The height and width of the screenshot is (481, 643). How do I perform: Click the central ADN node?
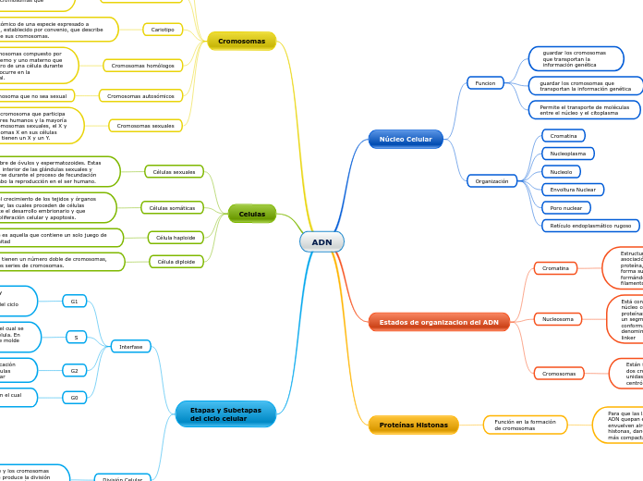(x=321, y=242)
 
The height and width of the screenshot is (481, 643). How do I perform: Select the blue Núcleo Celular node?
(x=406, y=140)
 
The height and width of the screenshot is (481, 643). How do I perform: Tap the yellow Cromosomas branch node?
(x=241, y=41)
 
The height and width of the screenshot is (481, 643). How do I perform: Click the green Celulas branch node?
(x=251, y=214)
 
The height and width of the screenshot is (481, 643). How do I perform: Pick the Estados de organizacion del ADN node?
(x=439, y=322)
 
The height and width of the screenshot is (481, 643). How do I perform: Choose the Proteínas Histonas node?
(x=413, y=425)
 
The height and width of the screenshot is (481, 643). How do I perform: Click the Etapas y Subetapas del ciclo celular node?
(x=225, y=413)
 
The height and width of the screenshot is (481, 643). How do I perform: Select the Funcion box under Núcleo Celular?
(x=485, y=83)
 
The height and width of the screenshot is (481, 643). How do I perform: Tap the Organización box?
(x=491, y=181)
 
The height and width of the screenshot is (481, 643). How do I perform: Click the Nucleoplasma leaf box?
(x=567, y=154)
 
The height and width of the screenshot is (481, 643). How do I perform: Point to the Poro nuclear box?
(x=566, y=208)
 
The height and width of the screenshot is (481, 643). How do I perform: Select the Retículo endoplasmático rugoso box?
(x=590, y=226)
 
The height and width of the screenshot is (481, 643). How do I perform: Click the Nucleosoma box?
(x=557, y=319)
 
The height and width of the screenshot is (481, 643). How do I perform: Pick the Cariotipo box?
(x=163, y=30)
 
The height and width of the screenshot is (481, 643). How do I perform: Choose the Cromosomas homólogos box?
(x=142, y=66)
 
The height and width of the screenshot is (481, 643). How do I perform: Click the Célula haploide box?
(x=176, y=238)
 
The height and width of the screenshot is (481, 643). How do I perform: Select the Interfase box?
(x=130, y=347)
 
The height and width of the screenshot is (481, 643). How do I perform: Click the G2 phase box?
(x=75, y=371)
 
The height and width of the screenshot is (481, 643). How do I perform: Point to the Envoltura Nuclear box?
(x=572, y=190)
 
